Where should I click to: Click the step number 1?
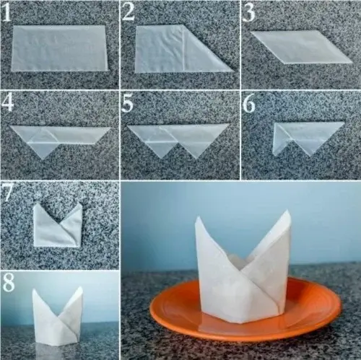(7, 12)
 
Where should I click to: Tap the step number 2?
(129, 12)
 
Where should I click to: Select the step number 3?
(249, 12)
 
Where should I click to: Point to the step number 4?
(8, 102)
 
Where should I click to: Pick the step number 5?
(128, 103)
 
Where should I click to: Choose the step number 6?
(249, 103)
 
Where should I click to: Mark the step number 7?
(7, 193)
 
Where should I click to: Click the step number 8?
(8, 283)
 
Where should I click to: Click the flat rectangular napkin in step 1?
(59, 48)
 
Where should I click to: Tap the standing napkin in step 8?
(58, 317)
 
